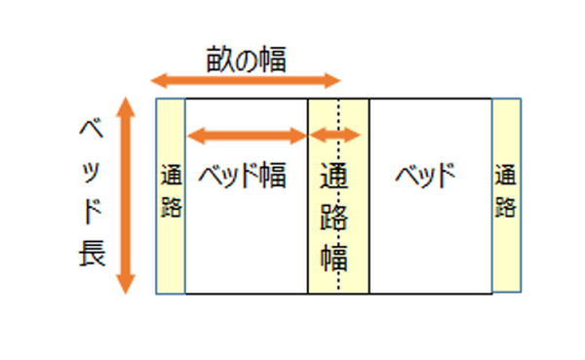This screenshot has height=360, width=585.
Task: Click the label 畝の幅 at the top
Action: (246, 60)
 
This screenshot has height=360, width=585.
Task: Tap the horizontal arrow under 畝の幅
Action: (245, 81)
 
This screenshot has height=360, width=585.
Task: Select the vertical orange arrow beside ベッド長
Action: (125, 196)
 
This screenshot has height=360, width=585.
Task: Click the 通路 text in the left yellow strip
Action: (171, 193)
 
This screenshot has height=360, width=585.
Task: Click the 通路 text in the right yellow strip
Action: (505, 191)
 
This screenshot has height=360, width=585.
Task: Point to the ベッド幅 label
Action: (243, 178)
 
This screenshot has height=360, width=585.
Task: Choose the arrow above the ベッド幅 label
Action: (247, 136)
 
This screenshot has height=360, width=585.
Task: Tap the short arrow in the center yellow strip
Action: (336, 136)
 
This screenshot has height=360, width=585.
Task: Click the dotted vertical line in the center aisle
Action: (338, 278)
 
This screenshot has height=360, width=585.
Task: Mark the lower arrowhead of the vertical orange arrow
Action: (125, 284)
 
